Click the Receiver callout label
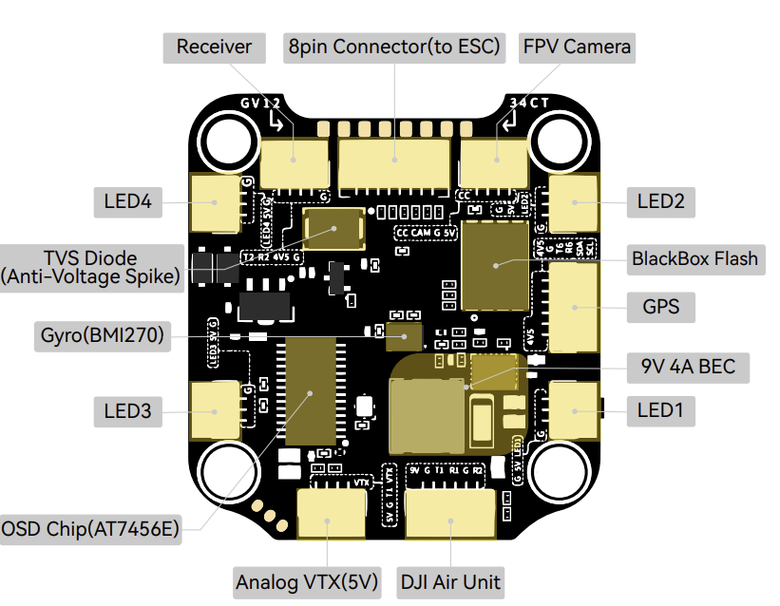tap(214, 47)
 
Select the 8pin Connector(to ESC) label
tap(394, 47)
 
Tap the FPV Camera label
tap(576, 47)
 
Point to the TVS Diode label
tap(90, 267)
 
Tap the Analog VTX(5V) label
tap(305, 581)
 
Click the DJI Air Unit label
tap(450, 581)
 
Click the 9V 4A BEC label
tap(688, 366)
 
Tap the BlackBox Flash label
tap(695, 258)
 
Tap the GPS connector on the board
tap(575, 306)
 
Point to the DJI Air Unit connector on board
tap(450, 519)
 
